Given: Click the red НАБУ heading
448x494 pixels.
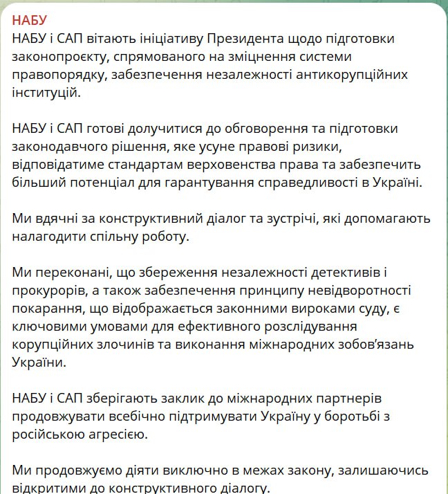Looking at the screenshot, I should pos(30,19).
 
